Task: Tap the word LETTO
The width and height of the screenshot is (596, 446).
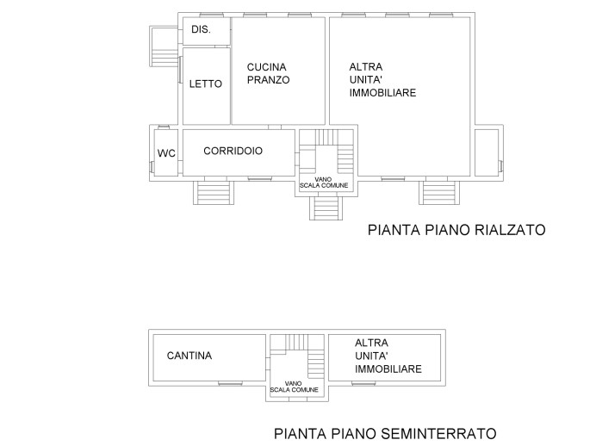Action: click(206, 84)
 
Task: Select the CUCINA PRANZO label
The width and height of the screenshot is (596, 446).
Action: click(268, 73)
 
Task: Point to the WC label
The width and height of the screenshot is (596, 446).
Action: click(166, 153)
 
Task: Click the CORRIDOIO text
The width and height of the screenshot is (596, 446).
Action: click(233, 151)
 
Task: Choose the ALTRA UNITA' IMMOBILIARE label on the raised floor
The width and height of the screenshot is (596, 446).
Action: click(382, 79)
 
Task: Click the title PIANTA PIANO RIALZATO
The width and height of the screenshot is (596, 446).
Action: click(456, 230)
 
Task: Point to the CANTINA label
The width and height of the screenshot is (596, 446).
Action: click(189, 356)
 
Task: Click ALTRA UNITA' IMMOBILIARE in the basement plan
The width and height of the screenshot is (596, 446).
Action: click(388, 356)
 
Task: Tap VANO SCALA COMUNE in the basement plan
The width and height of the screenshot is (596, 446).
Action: click(293, 387)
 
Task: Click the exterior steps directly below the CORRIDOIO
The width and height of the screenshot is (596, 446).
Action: click(211, 192)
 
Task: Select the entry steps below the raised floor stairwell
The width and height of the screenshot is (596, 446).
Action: click(325, 208)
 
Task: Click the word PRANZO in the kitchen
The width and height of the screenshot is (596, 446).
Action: click(269, 80)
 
